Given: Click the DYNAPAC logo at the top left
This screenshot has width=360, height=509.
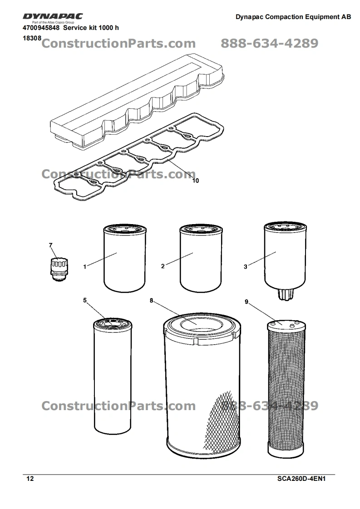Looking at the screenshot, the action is (53, 16).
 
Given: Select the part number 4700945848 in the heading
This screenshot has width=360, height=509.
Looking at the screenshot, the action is (41, 28).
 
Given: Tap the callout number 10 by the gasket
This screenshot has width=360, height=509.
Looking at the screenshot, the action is (195, 181).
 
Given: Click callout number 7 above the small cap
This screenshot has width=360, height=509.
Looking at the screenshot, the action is (51, 245).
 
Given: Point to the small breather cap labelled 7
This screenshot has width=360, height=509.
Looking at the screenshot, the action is (59, 269).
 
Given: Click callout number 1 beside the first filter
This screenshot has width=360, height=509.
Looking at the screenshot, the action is (85, 267).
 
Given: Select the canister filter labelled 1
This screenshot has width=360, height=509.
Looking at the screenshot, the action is (125, 258).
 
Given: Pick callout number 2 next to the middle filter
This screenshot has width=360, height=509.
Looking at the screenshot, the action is (163, 266).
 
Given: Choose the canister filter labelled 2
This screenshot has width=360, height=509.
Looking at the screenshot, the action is (201, 258).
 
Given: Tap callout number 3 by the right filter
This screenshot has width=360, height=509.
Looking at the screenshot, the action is (246, 267).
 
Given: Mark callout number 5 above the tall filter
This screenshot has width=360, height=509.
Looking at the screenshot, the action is (85, 300).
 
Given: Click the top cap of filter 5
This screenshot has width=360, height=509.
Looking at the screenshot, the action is (113, 323).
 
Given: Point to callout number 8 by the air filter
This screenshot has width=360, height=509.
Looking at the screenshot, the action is (152, 301).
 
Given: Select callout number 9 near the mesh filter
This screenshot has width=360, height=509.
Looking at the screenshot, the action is (247, 302).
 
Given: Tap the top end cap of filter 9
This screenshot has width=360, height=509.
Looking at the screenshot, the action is (286, 325).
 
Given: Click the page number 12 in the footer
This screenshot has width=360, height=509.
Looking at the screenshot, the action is (30, 479).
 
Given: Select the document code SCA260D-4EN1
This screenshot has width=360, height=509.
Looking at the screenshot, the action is (301, 479).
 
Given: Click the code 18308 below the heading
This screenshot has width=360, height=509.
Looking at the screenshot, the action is (32, 38).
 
